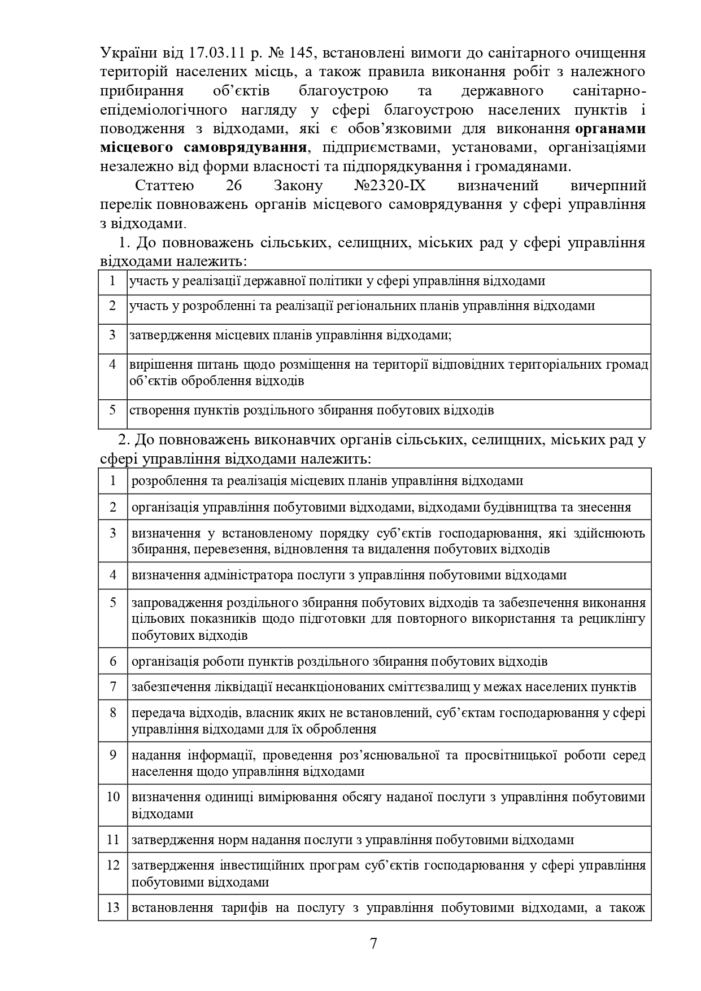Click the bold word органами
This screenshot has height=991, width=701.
tap(611, 128)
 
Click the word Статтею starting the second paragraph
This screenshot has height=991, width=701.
tap(165, 185)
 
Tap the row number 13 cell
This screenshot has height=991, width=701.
tap(113, 907)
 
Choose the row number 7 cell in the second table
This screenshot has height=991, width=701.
tap(113, 687)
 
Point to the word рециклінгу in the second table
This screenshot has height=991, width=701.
tap(612, 618)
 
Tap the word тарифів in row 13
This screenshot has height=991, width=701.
tap(241, 908)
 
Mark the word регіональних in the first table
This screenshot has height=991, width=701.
tap(372, 305)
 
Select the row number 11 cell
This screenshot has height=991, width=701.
tap(113, 840)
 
